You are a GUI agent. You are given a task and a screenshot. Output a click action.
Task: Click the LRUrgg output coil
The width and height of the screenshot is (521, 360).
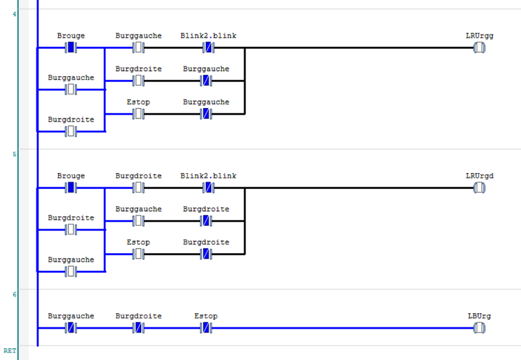(479, 48)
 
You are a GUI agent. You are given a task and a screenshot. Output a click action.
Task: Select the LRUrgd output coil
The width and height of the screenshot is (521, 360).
(479, 188)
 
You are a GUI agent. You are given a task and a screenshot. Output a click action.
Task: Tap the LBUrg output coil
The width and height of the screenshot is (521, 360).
(479, 328)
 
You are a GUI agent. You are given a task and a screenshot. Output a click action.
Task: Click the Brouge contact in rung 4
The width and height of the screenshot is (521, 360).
(71, 48)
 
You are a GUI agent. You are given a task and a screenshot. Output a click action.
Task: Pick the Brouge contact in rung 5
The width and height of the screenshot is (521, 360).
(71, 188)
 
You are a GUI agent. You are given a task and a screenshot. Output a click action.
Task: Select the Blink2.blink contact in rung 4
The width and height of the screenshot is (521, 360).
(208, 48)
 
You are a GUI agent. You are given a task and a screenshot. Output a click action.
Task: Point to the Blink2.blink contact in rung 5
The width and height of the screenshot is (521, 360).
(208, 188)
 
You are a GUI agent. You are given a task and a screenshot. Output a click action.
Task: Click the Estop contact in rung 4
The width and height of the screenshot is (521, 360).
(139, 114)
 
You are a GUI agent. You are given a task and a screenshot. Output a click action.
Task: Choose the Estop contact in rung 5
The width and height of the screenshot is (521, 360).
(139, 254)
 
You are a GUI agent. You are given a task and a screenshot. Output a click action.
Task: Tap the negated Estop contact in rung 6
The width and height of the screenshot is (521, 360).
(206, 328)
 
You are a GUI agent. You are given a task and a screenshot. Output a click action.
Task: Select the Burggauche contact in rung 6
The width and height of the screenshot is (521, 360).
(71, 328)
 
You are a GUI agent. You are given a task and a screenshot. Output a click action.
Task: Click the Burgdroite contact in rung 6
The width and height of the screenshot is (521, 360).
(139, 328)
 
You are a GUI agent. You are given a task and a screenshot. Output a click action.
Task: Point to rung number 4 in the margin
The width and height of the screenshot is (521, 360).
(14, 14)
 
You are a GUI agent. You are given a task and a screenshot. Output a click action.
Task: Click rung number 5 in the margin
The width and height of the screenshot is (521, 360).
(14, 154)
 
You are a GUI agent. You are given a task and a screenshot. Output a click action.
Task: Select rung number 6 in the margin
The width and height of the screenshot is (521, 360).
(14, 294)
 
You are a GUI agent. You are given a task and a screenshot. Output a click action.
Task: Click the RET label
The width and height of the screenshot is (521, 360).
(9, 351)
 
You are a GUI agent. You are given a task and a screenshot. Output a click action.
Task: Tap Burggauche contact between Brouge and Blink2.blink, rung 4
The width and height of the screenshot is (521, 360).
(139, 48)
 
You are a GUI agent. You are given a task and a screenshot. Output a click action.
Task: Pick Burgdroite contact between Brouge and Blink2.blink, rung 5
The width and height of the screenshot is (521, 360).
(139, 188)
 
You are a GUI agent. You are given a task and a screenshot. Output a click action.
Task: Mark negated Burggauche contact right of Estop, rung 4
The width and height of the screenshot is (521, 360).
(206, 114)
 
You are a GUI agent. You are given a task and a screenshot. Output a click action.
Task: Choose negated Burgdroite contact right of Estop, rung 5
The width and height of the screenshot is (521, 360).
(206, 254)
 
